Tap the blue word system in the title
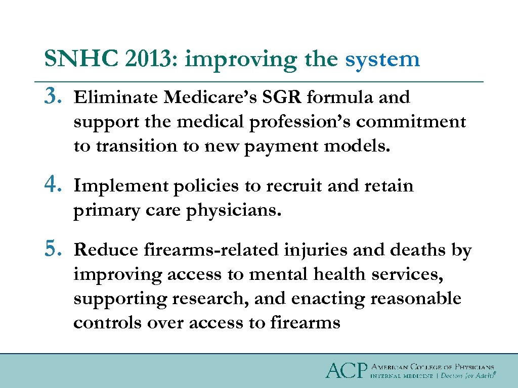click(x=382, y=60)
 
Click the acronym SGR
click(x=281, y=96)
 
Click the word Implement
click(x=121, y=186)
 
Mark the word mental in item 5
click(x=273, y=274)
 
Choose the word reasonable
click(x=415, y=299)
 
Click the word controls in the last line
click(x=107, y=323)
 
